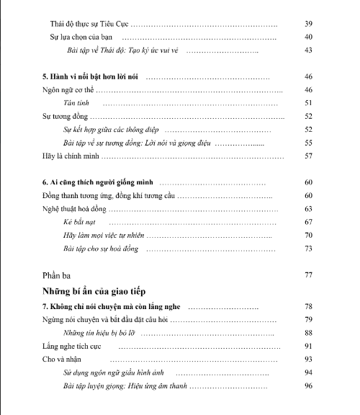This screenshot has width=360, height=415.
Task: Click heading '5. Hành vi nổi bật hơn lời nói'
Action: click(93, 76)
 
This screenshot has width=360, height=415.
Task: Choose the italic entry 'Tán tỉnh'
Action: click(78, 103)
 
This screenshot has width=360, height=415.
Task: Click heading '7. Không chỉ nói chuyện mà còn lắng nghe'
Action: click(113, 306)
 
